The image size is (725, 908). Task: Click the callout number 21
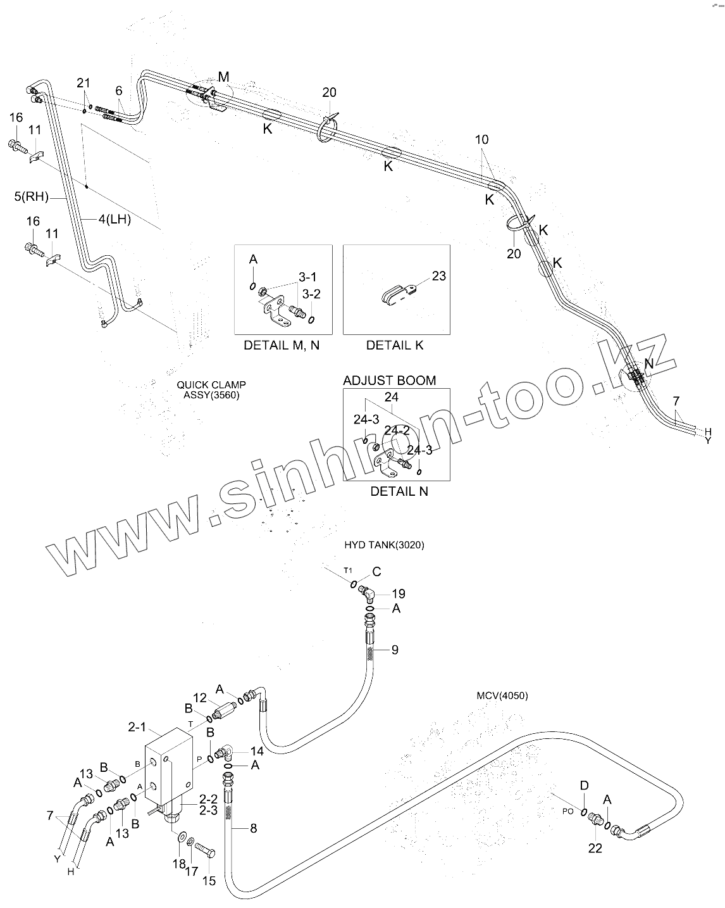(84, 82)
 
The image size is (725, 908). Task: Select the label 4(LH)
(114, 219)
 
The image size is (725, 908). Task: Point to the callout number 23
(438, 275)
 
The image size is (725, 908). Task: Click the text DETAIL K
(395, 345)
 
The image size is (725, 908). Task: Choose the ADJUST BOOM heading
(389, 381)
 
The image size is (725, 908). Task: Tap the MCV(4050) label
(502, 695)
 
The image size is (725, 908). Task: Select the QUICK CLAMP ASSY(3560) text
(211, 389)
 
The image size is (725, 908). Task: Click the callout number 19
(398, 594)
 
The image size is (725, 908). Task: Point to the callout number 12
(200, 698)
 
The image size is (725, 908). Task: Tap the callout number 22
(595, 848)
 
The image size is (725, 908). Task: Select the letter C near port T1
(376, 572)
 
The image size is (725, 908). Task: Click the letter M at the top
(223, 77)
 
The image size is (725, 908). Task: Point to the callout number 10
(482, 139)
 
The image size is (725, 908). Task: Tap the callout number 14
(256, 752)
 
